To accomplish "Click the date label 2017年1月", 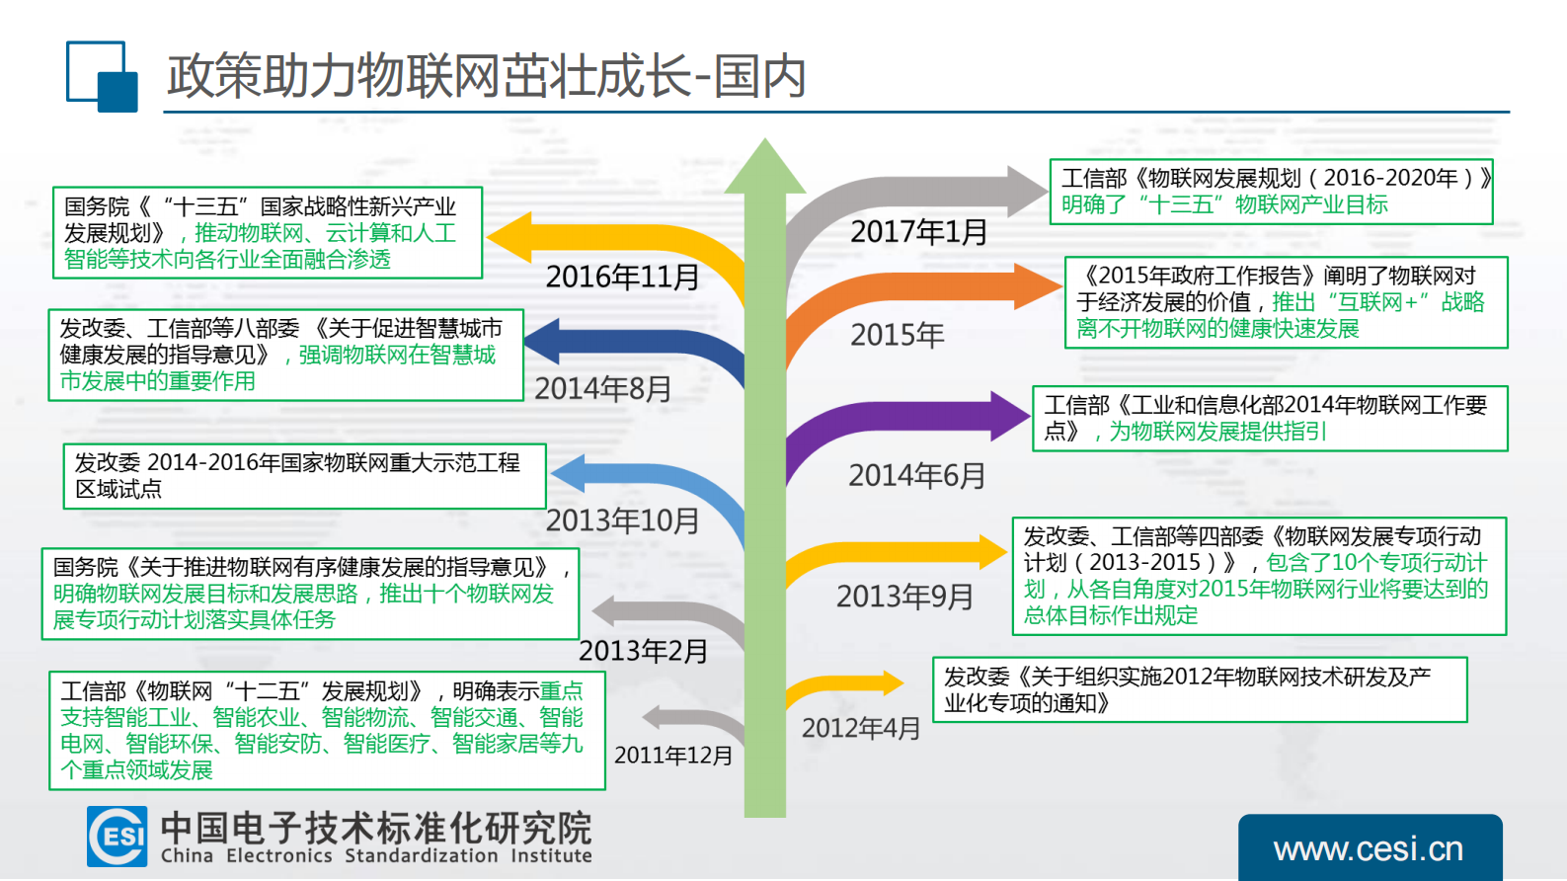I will point(919,232).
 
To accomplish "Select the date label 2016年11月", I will point(622,278).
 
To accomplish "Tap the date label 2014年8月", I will point(603,389).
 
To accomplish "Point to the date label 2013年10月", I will point(622,521).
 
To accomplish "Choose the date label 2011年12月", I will point(673,756).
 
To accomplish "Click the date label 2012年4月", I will point(861,729).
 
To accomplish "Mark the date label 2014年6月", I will point(917,476).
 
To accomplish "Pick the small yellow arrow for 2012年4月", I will point(849,683).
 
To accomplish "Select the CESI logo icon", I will point(118,837).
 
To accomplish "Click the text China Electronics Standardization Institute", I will point(376,856).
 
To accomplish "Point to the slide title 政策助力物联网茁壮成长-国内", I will point(487,76).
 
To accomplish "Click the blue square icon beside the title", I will point(102,76).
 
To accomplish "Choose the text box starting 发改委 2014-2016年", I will point(304,476).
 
